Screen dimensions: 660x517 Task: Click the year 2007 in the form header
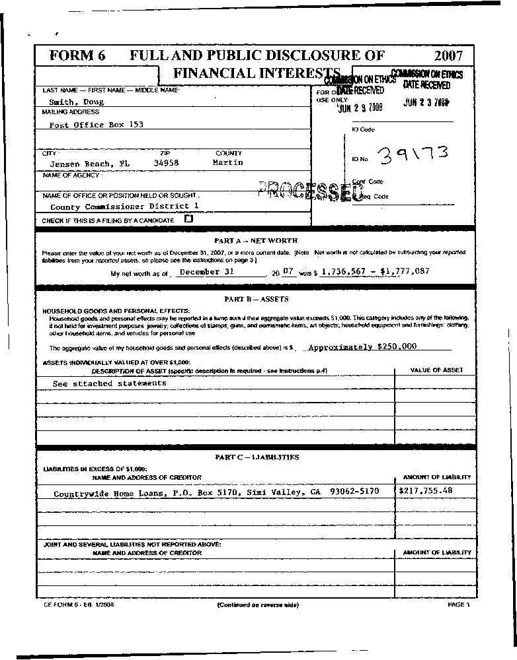(448, 56)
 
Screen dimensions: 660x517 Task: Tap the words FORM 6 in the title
(77, 56)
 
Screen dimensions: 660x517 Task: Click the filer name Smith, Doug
(77, 102)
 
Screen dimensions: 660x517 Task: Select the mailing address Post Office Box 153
(97, 124)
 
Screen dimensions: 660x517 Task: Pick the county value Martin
(227, 162)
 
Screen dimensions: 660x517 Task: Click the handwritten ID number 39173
(415, 155)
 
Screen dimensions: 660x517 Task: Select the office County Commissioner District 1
(124, 206)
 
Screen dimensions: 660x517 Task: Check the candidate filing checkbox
(188, 218)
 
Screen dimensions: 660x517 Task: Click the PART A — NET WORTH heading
(256, 241)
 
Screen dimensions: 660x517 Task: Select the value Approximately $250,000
(362, 346)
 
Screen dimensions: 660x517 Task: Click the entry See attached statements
(110, 383)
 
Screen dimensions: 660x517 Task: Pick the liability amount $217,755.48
(426, 490)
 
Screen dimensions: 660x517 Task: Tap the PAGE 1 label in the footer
(458, 604)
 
